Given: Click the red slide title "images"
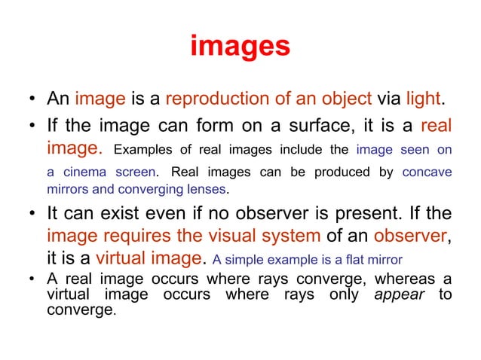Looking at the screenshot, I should coord(240,47).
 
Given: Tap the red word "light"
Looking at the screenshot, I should coord(424,99).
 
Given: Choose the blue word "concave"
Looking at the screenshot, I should coord(427,172).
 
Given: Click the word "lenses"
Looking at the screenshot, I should coord(205,188).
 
